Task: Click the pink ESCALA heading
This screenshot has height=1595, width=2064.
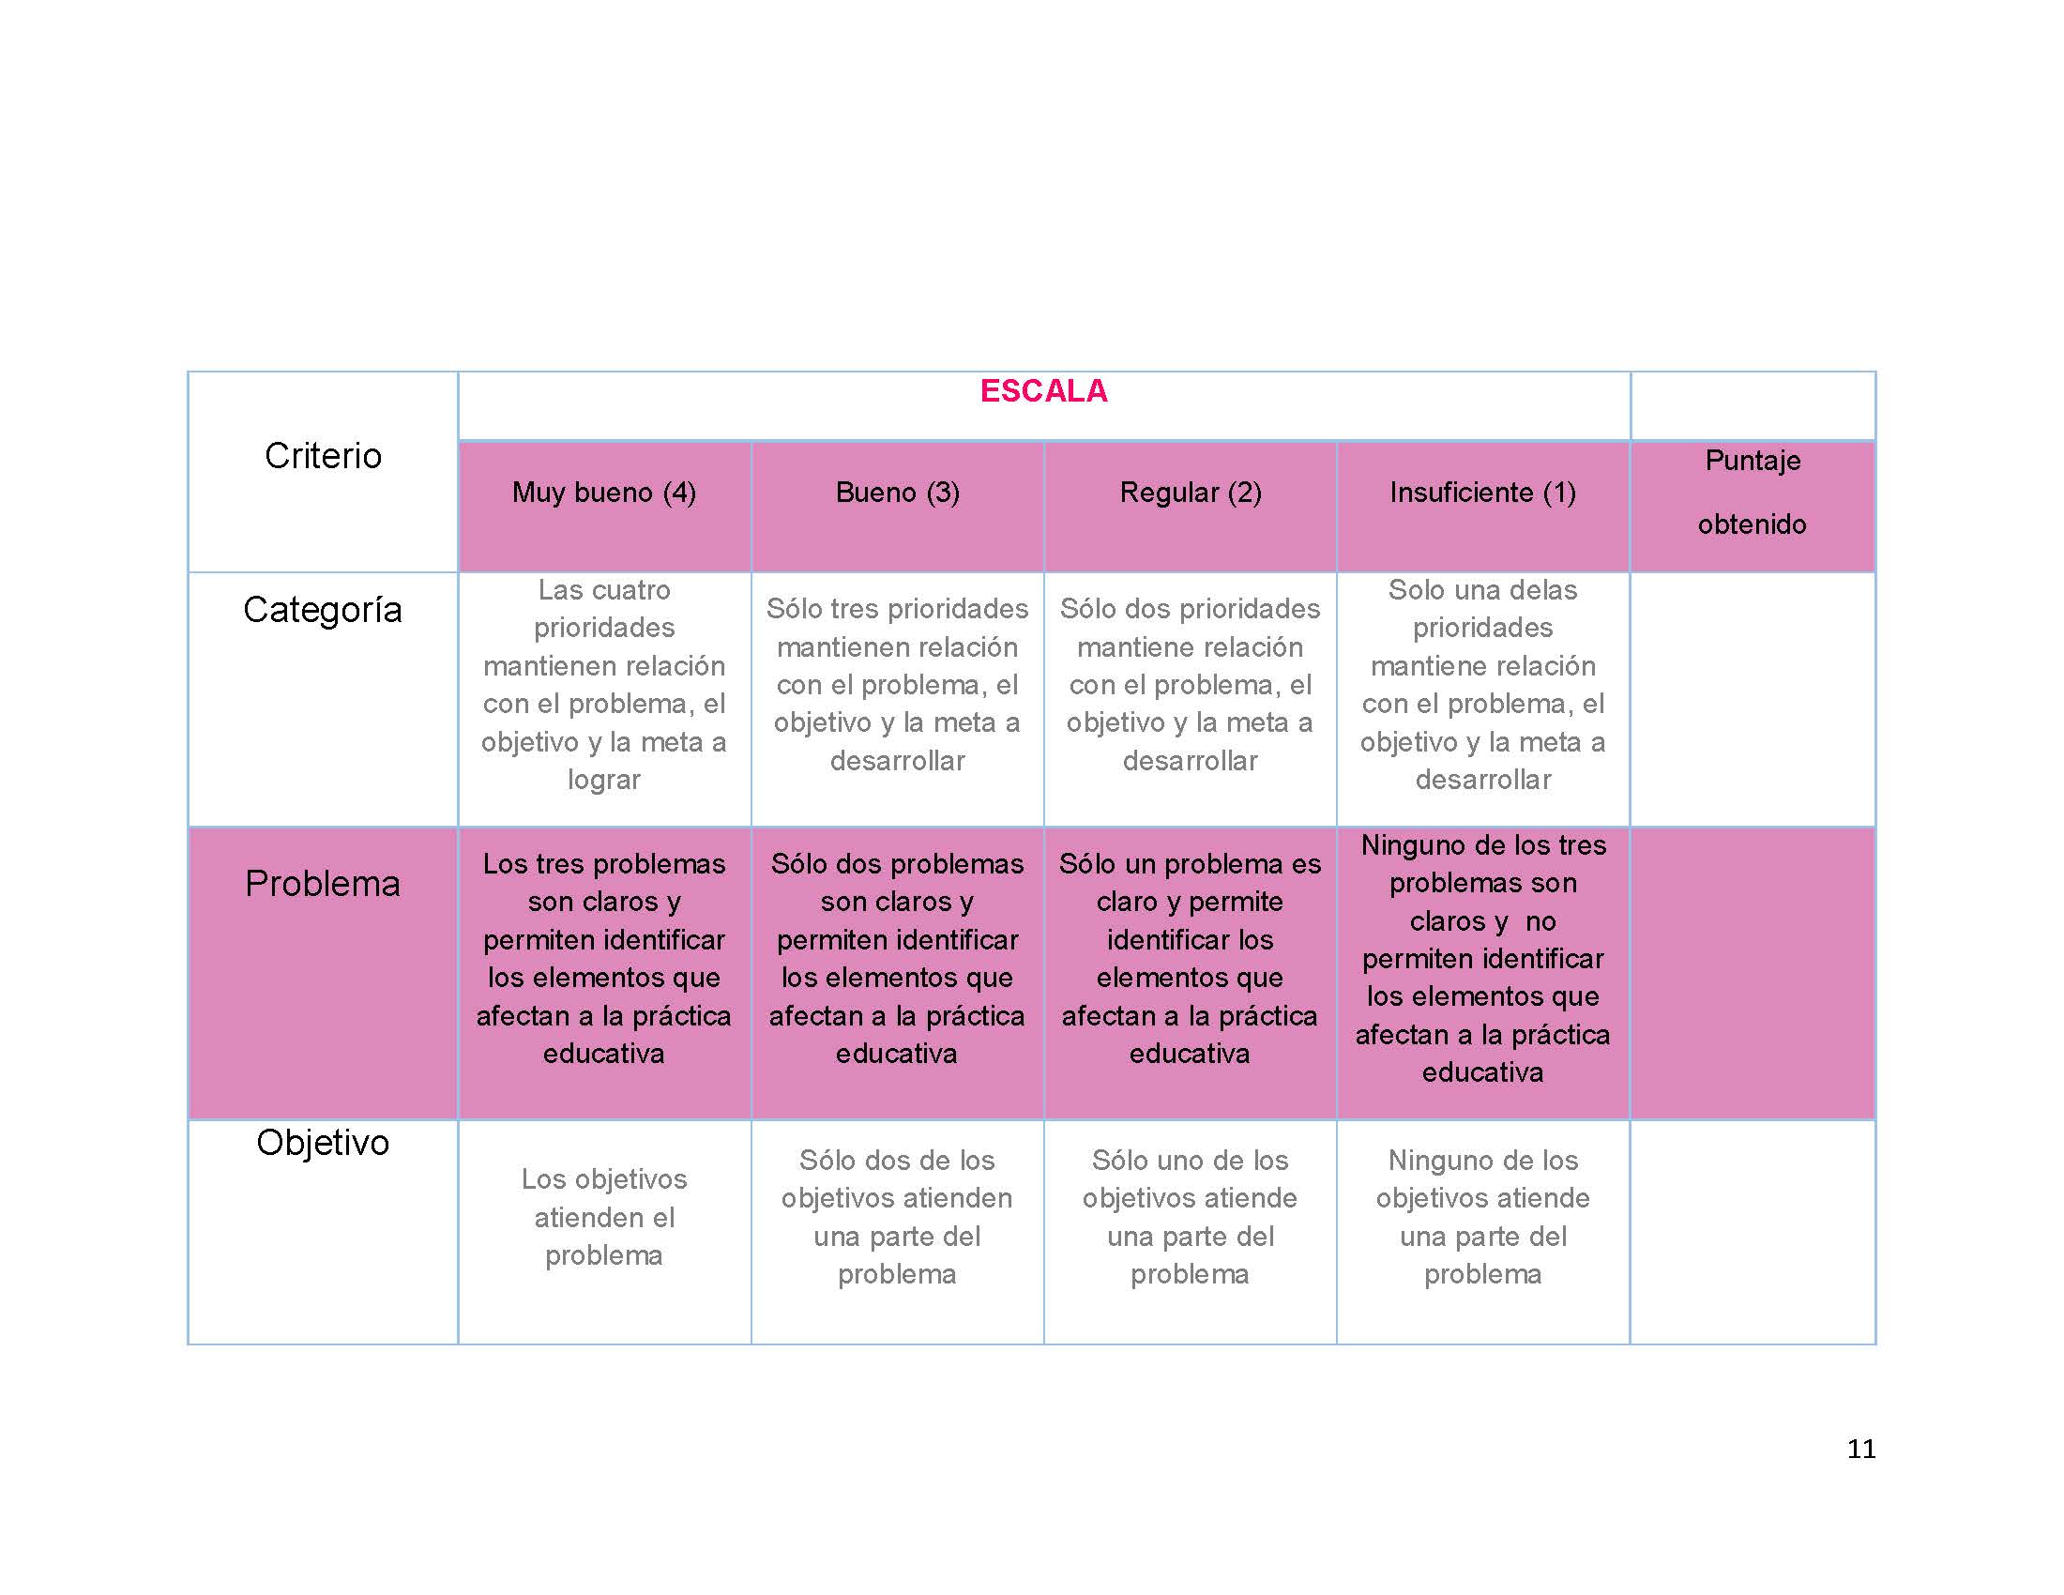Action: click(1043, 391)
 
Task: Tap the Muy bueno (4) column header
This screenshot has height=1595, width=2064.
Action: click(604, 493)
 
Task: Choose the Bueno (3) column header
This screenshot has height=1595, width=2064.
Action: click(897, 493)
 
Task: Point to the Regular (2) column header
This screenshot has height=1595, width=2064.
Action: click(1190, 493)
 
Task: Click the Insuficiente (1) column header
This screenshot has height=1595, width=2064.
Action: click(1482, 493)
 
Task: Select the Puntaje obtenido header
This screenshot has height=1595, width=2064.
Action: click(1753, 493)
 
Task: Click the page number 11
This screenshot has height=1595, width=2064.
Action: click(1860, 1449)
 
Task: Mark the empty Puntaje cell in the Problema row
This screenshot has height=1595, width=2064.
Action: click(1753, 973)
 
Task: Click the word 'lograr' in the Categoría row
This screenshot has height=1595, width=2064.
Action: click(604, 781)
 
